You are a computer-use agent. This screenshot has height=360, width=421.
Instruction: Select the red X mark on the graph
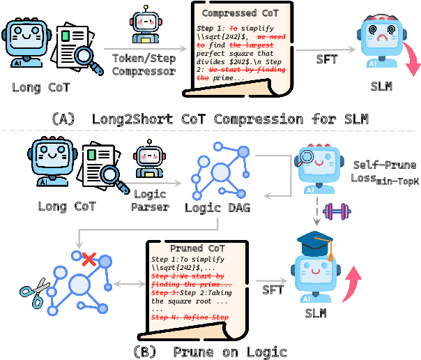[x=89, y=260]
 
